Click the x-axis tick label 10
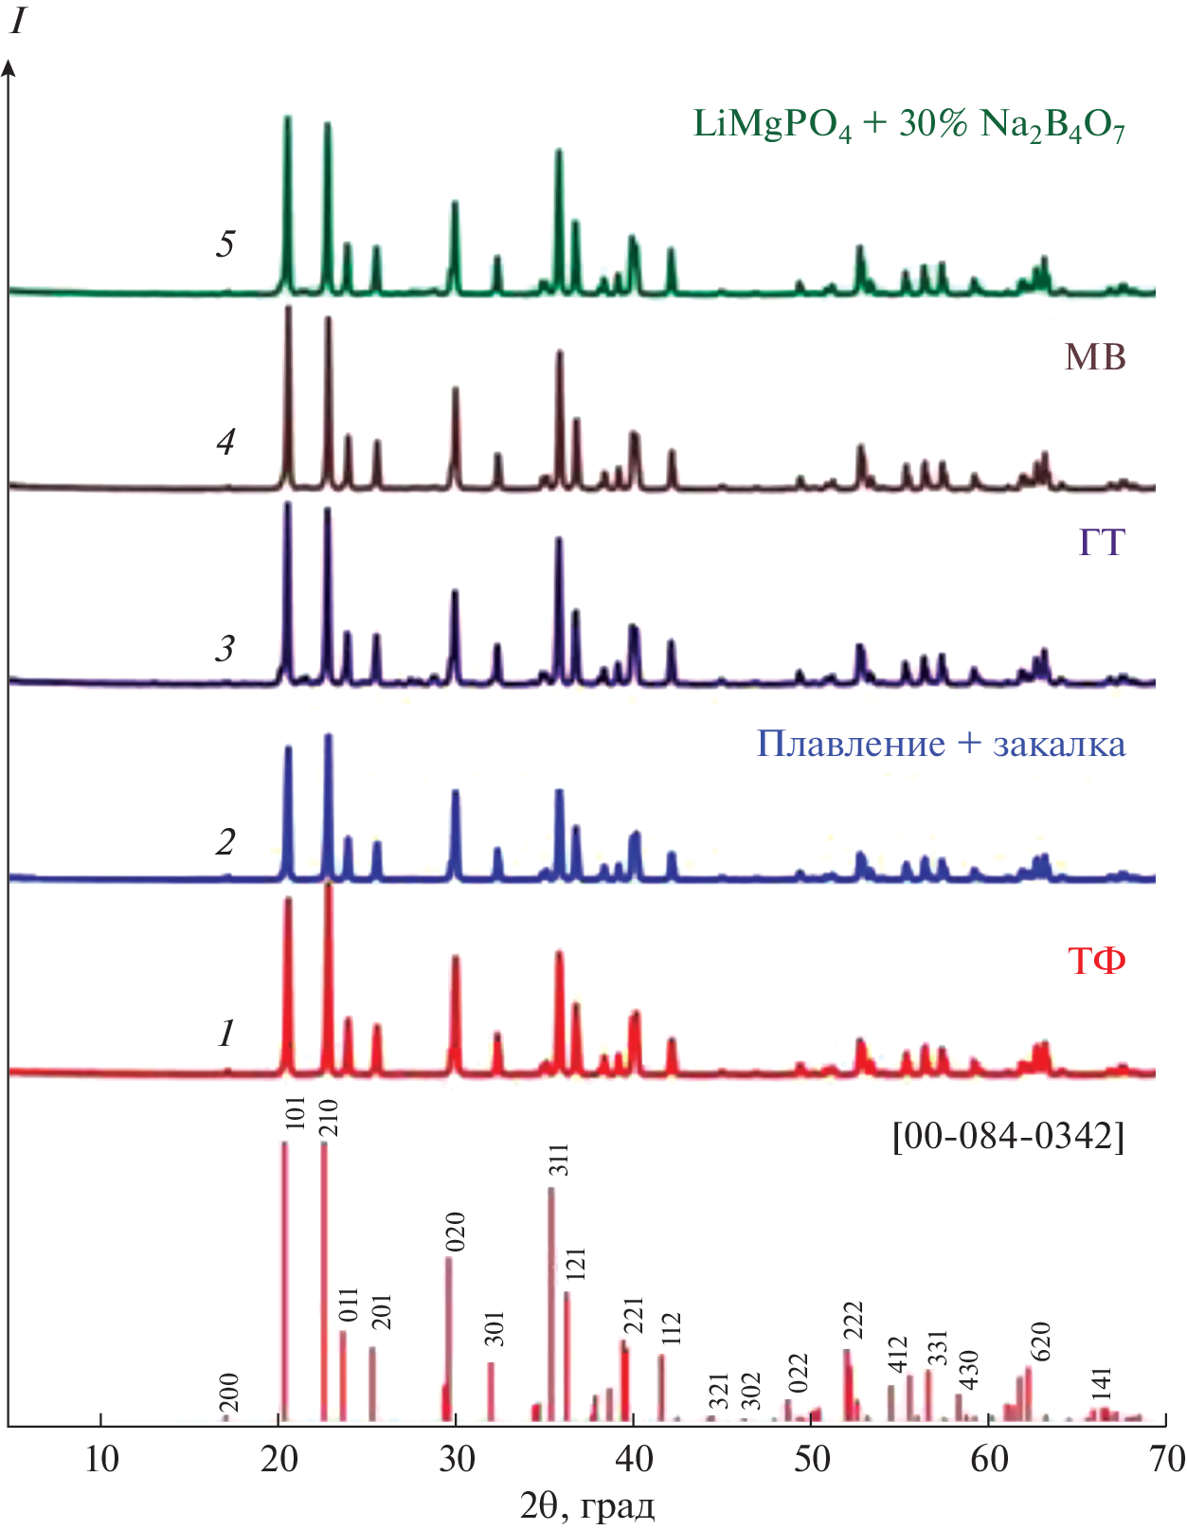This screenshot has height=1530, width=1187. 101,1459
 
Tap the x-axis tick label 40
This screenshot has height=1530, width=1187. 634,1459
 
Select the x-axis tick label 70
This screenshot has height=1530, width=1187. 1166,1459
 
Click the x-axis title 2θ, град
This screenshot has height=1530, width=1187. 586,1505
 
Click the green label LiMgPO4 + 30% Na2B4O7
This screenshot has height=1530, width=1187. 908,125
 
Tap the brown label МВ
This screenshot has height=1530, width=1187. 1095,357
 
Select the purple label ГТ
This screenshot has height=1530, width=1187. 1101,543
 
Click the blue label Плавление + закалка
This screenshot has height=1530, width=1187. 941,744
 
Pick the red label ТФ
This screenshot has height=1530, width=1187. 1097,962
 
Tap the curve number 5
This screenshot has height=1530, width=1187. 225,244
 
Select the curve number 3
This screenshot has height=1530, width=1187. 225,649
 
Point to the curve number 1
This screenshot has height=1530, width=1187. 225,1034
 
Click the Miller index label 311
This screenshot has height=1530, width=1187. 559,1161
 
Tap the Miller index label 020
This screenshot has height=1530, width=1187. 456,1232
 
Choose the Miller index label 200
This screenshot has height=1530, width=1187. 229,1392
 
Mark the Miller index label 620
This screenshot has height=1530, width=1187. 1039,1341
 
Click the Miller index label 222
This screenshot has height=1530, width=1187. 854,1321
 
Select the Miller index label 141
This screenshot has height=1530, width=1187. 1101,1385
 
